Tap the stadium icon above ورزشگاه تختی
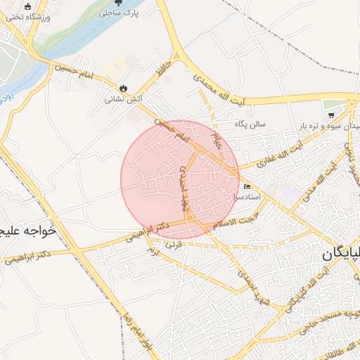point(28,5)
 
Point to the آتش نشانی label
point(123,99)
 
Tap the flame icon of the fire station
point(124,89)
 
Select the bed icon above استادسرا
point(247,186)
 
